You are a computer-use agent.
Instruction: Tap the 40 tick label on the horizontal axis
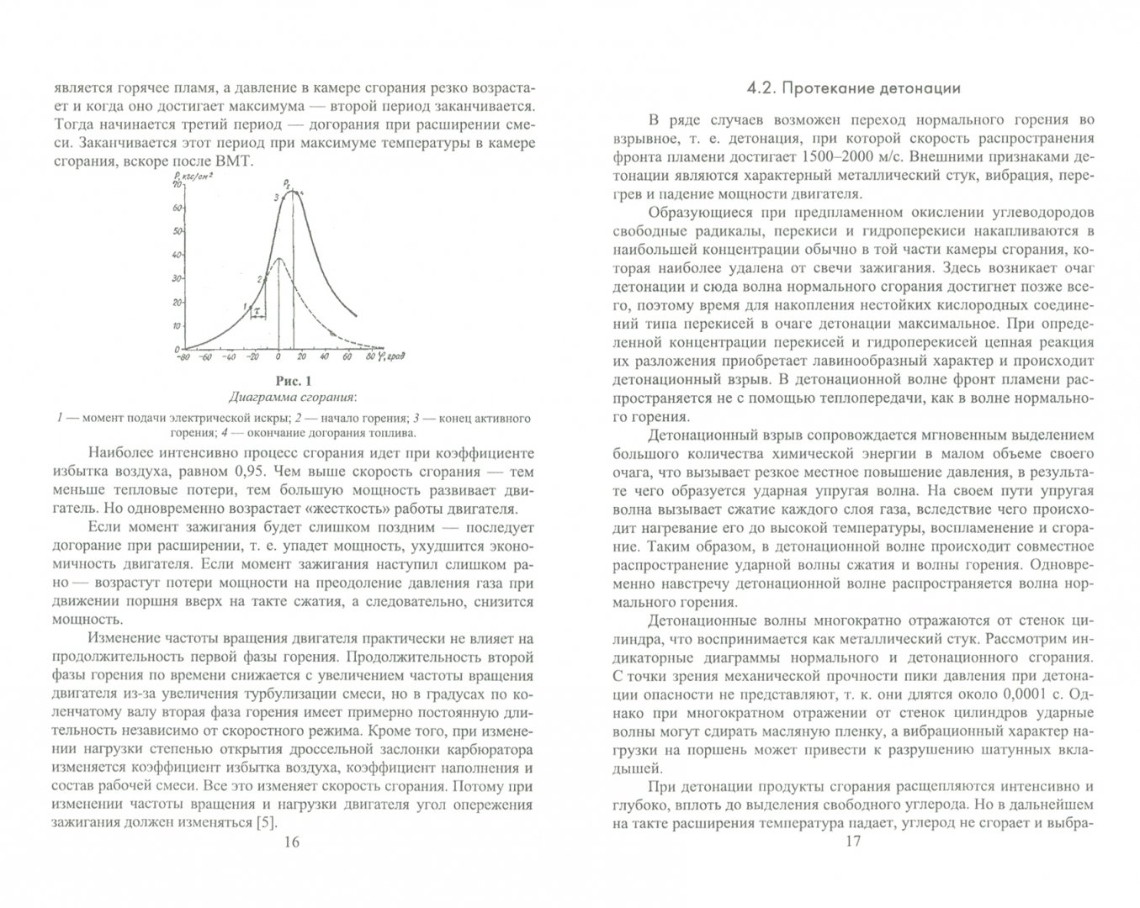(326, 356)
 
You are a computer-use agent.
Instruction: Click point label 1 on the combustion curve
(244, 307)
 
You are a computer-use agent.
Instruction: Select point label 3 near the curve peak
(275, 198)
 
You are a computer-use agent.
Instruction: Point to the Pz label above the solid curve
(289, 181)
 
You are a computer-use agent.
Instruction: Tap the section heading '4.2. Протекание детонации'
(854, 88)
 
